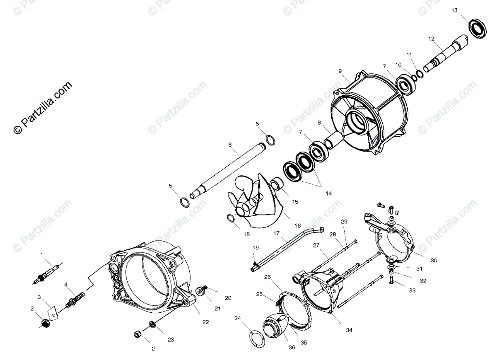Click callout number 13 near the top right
455,10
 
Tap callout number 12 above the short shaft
431,39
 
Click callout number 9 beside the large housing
340,71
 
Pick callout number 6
230,145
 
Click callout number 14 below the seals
328,193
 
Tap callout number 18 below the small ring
246,234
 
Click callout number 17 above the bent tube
276,233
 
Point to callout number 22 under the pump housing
205,321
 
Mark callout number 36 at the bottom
292,348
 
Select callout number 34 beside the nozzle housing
349,330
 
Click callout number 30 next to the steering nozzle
434,261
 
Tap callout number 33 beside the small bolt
412,290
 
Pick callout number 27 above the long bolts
316,245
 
